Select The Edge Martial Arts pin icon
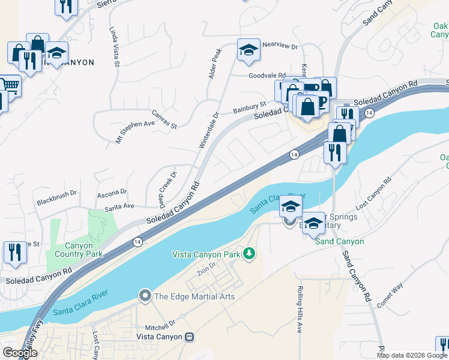[x=144, y=296]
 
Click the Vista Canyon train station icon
[x=190, y=338]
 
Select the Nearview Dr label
[x=280, y=45]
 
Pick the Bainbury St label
[x=249, y=108]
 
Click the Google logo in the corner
[x=20, y=353]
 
